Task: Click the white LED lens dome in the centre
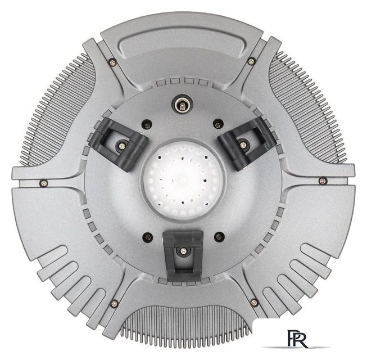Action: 183,181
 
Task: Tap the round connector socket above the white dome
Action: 182,104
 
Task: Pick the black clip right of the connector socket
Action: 247,143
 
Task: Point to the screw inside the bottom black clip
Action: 183,251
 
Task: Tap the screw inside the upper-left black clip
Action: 121,146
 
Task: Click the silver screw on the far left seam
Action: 44,183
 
